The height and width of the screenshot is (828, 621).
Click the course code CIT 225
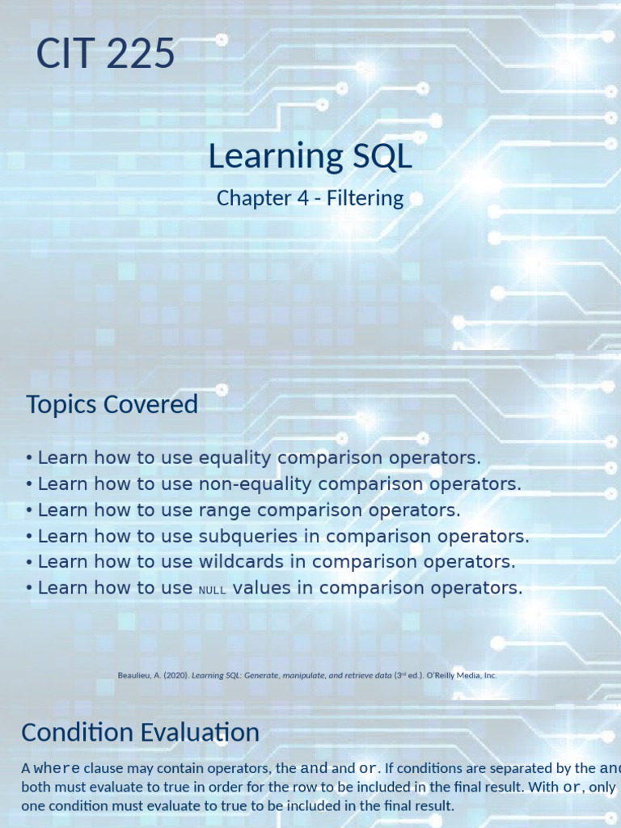(x=105, y=54)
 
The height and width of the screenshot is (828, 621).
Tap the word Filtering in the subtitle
(x=365, y=198)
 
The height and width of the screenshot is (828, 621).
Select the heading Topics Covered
(x=112, y=404)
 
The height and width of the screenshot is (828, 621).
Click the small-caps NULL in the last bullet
(x=212, y=589)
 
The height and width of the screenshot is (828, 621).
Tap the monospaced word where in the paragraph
(x=57, y=769)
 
